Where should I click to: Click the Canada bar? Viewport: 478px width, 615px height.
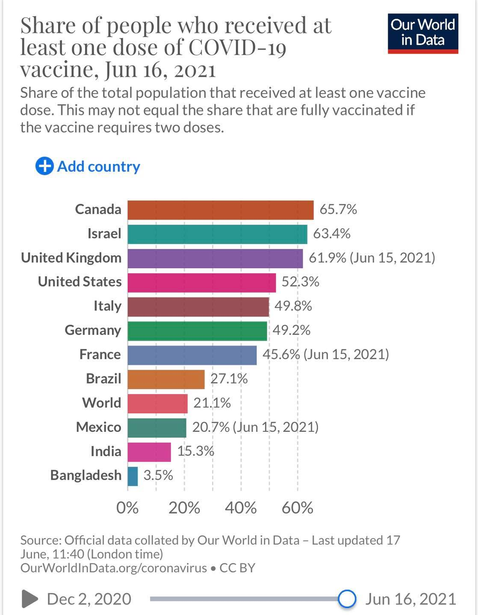click(220, 210)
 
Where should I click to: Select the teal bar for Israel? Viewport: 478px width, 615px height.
click(217, 234)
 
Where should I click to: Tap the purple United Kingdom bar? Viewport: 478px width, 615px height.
click(215, 258)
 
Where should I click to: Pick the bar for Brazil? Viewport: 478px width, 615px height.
click(166, 379)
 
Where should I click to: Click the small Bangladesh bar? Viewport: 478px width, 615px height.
click(133, 476)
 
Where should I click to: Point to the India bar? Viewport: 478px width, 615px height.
click(149, 452)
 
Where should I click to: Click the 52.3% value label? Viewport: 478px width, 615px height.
click(300, 282)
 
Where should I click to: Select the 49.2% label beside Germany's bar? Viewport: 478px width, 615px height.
click(291, 330)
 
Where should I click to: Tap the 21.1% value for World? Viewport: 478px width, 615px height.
click(212, 403)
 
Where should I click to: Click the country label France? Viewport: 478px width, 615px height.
click(100, 354)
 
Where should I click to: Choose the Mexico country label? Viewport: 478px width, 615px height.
click(98, 427)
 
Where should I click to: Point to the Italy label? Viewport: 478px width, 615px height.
click(107, 306)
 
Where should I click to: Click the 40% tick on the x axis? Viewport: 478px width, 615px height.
click(241, 508)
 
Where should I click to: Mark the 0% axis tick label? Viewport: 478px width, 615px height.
click(127, 508)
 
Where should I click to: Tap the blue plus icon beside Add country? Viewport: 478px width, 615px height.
click(44, 166)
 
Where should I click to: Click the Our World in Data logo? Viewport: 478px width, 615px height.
click(422, 33)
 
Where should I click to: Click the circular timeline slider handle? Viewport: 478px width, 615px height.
click(347, 599)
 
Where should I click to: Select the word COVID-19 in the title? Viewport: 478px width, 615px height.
click(237, 47)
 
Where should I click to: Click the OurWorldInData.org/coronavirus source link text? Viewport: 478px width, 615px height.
click(113, 568)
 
